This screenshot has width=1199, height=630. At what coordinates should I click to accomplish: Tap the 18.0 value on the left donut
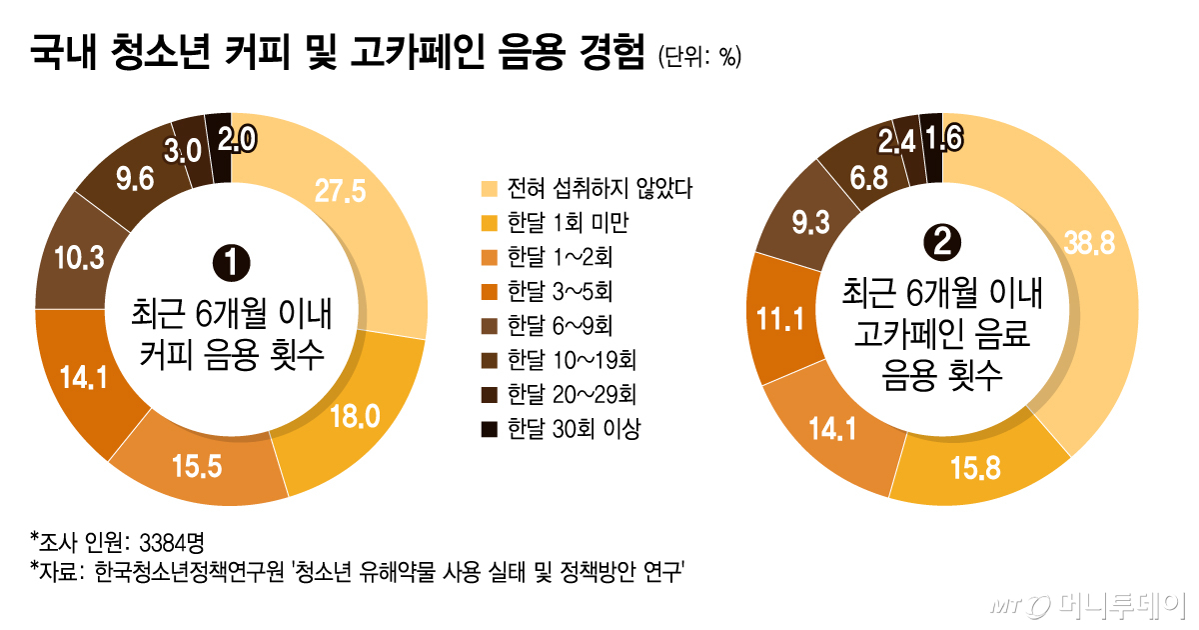click(x=355, y=416)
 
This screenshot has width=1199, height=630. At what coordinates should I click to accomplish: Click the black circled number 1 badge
click(x=232, y=263)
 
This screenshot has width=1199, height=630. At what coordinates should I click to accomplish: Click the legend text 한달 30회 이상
click(x=573, y=429)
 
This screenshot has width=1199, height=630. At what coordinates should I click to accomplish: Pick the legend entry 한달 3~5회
click(x=561, y=291)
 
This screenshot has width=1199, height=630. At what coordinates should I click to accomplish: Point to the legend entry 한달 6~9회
click(x=561, y=326)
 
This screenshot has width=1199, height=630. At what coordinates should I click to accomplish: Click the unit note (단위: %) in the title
click(x=698, y=57)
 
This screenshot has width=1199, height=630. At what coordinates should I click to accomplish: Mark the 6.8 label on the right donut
click(x=841, y=176)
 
